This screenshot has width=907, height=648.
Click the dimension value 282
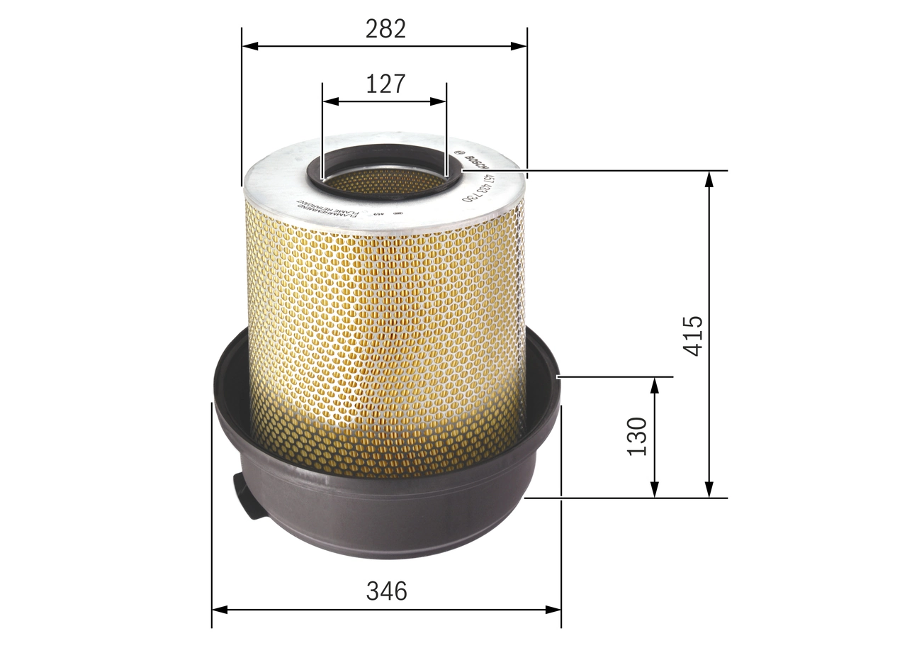385,29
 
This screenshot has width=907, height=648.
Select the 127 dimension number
385,84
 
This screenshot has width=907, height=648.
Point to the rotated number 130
637,437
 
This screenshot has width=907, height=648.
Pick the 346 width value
386,591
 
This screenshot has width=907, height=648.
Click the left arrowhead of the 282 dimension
248,46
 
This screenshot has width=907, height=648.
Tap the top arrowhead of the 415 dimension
709,177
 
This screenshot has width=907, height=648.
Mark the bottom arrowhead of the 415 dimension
709,491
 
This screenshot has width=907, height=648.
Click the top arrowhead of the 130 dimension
654,384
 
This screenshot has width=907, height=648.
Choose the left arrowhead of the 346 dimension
218,609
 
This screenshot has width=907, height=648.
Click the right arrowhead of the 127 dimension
440,101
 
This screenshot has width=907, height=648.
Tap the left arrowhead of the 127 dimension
329,101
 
